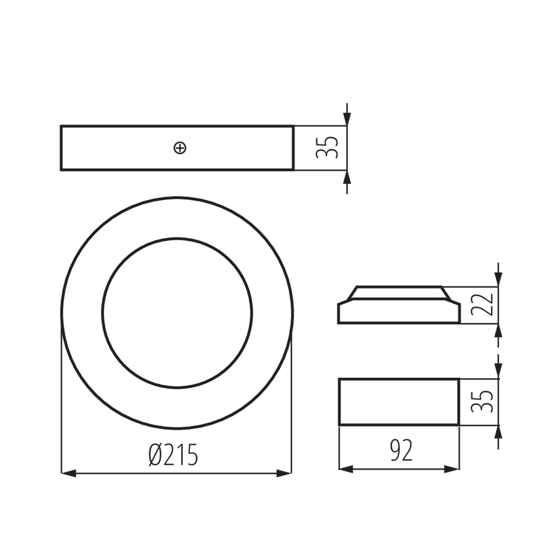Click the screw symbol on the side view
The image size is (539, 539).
(x=180, y=148)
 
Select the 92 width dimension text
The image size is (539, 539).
(x=401, y=451)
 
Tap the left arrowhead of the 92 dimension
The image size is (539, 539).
(x=345, y=469)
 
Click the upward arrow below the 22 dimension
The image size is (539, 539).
(x=498, y=331)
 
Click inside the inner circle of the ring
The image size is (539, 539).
(x=177, y=312)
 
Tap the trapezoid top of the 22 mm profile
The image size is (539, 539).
(x=399, y=292)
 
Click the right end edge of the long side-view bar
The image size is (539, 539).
(x=294, y=148)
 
